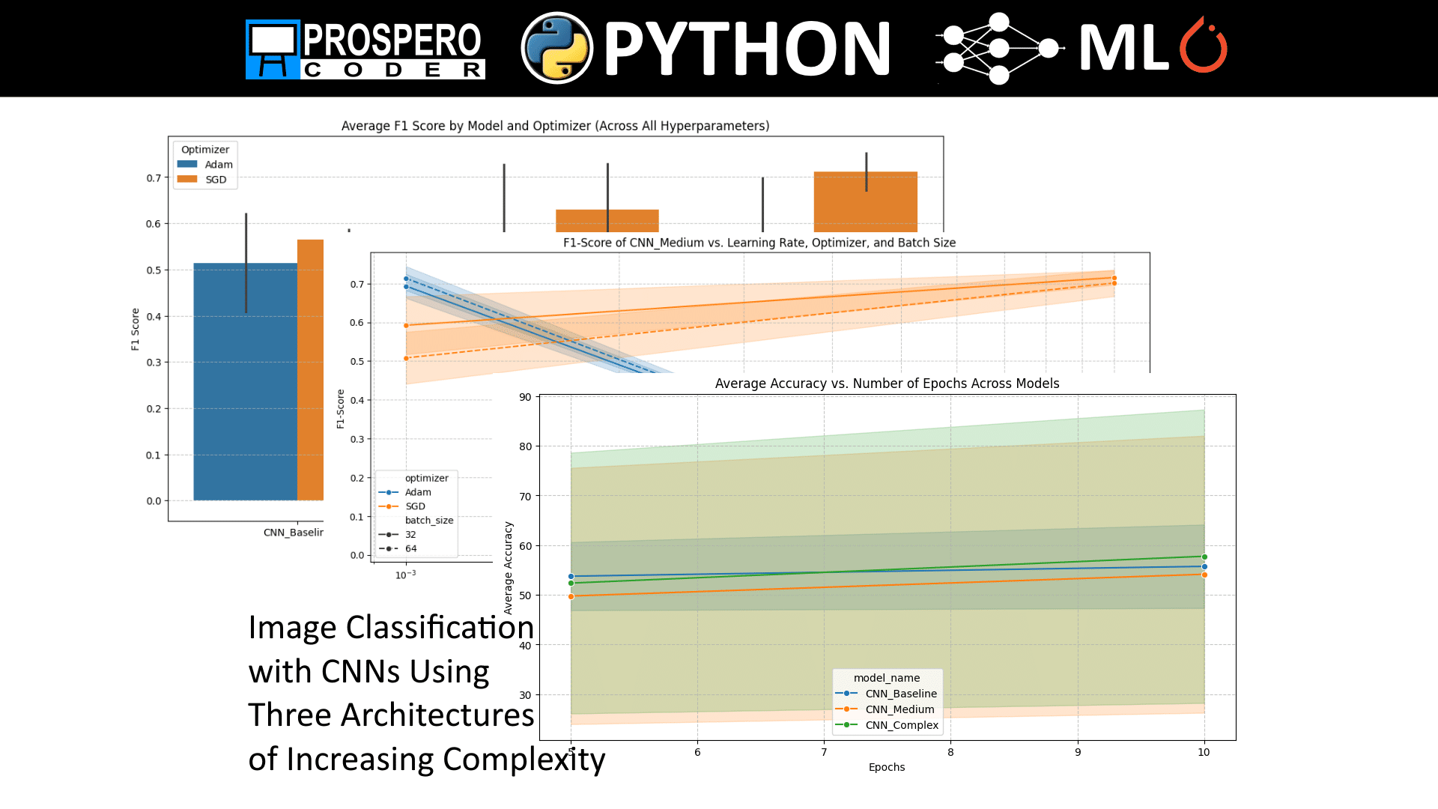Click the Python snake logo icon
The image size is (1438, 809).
[x=556, y=48]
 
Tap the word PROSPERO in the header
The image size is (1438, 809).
[x=392, y=40]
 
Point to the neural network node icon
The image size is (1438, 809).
[x=999, y=48]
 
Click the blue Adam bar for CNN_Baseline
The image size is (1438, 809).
[x=245, y=382]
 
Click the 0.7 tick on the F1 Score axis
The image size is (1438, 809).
[x=154, y=178]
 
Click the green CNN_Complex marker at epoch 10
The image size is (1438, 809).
[x=1204, y=557]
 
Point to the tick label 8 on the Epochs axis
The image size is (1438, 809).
[x=950, y=752]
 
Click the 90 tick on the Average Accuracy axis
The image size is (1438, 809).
[x=525, y=397]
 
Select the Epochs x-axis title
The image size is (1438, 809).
[x=886, y=767]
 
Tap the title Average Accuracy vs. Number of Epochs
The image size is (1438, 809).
[x=887, y=384]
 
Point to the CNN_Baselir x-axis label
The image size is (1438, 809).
[x=293, y=533]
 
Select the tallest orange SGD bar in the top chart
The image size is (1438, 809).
[x=865, y=202]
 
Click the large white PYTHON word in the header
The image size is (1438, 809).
[x=747, y=49]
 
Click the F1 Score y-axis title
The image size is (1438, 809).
[x=136, y=329]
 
